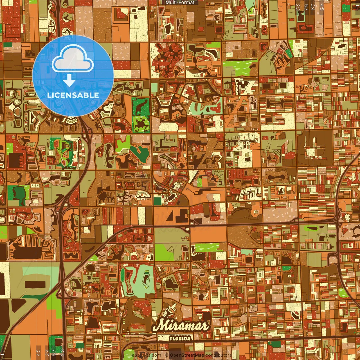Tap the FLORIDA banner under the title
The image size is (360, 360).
tap(180, 338)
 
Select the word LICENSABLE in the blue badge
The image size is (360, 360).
tap(73, 95)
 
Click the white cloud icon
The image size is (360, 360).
tap(73, 59)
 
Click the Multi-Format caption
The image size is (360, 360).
tap(180, 3)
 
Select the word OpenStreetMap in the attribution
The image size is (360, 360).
tap(187, 355)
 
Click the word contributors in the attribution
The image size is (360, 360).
tap(219, 355)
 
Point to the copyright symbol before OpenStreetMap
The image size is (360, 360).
tap(167, 355)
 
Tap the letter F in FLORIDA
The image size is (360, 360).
tap(172, 339)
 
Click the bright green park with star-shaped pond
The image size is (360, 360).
tap(141, 124)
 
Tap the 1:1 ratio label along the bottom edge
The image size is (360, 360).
tap(3, 353)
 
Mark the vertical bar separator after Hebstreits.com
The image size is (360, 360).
tap(163, 355)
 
